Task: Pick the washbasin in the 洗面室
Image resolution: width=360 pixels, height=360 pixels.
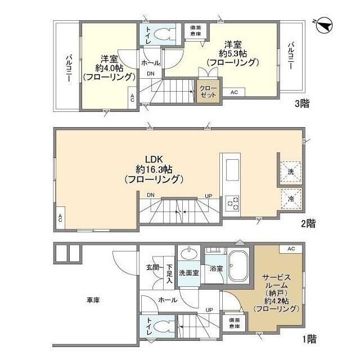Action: click(x=189, y=253)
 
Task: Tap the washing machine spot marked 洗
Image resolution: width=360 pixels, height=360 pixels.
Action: click(x=291, y=171)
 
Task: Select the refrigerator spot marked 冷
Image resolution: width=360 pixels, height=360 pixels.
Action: click(x=291, y=199)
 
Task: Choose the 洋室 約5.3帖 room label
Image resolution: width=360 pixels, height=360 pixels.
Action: click(x=232, y=53)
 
